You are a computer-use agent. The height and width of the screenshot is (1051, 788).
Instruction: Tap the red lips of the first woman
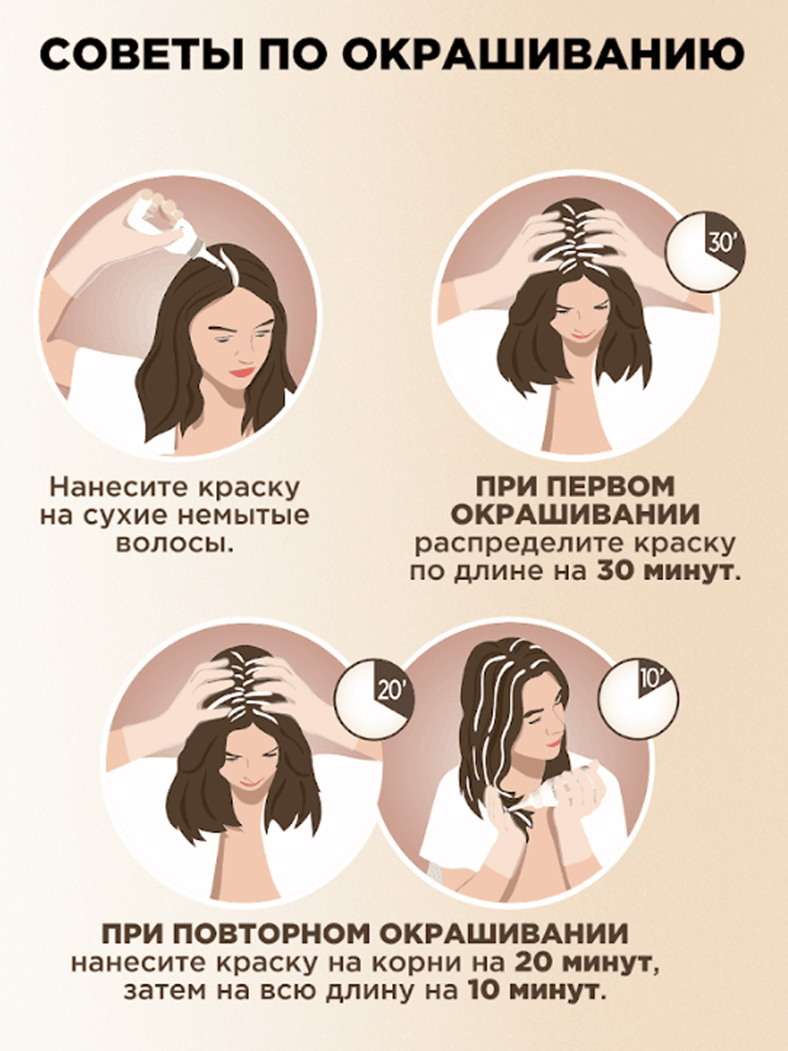click(242, 371)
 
